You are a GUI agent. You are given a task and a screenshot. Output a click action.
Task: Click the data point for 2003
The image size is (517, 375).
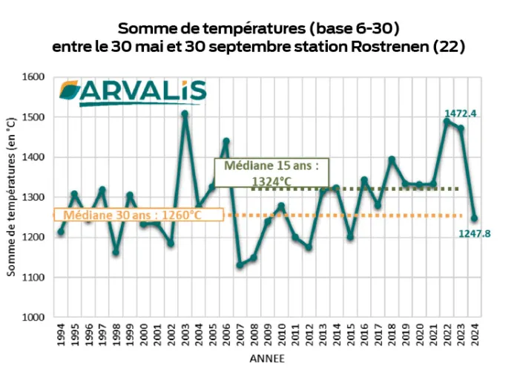click(185, 114)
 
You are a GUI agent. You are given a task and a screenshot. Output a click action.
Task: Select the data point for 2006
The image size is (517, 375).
click(226, 141)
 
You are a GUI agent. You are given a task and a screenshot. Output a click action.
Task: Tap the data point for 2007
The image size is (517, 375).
click(240, 265)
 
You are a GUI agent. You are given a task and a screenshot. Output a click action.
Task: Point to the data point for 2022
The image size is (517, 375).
click(447, 122)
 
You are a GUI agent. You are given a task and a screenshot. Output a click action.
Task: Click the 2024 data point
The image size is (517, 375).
click(474, 218)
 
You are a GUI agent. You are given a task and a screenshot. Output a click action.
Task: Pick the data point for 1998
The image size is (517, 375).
click(116, 252)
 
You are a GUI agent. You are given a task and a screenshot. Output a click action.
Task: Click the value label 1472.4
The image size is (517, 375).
click(460, 114)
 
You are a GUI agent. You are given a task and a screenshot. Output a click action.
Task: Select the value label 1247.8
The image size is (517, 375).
click(475, 234)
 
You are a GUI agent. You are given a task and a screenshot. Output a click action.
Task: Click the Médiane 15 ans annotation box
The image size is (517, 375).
click(270, 172)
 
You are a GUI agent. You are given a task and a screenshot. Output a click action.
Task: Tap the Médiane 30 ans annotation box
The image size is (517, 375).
click(138, 215)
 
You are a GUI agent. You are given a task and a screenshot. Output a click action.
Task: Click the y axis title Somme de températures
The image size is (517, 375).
click(13, 198)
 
